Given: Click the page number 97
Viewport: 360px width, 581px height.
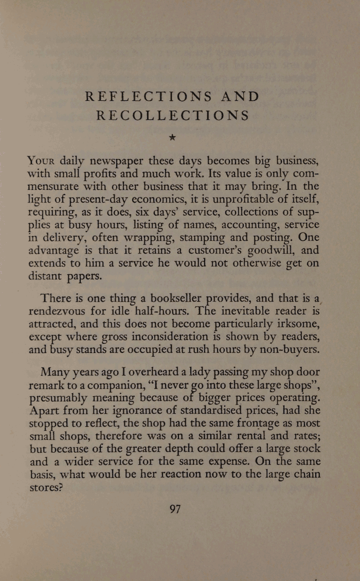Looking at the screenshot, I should pos(175,509).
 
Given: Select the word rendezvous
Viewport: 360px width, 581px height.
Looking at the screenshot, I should pos(60,311).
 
